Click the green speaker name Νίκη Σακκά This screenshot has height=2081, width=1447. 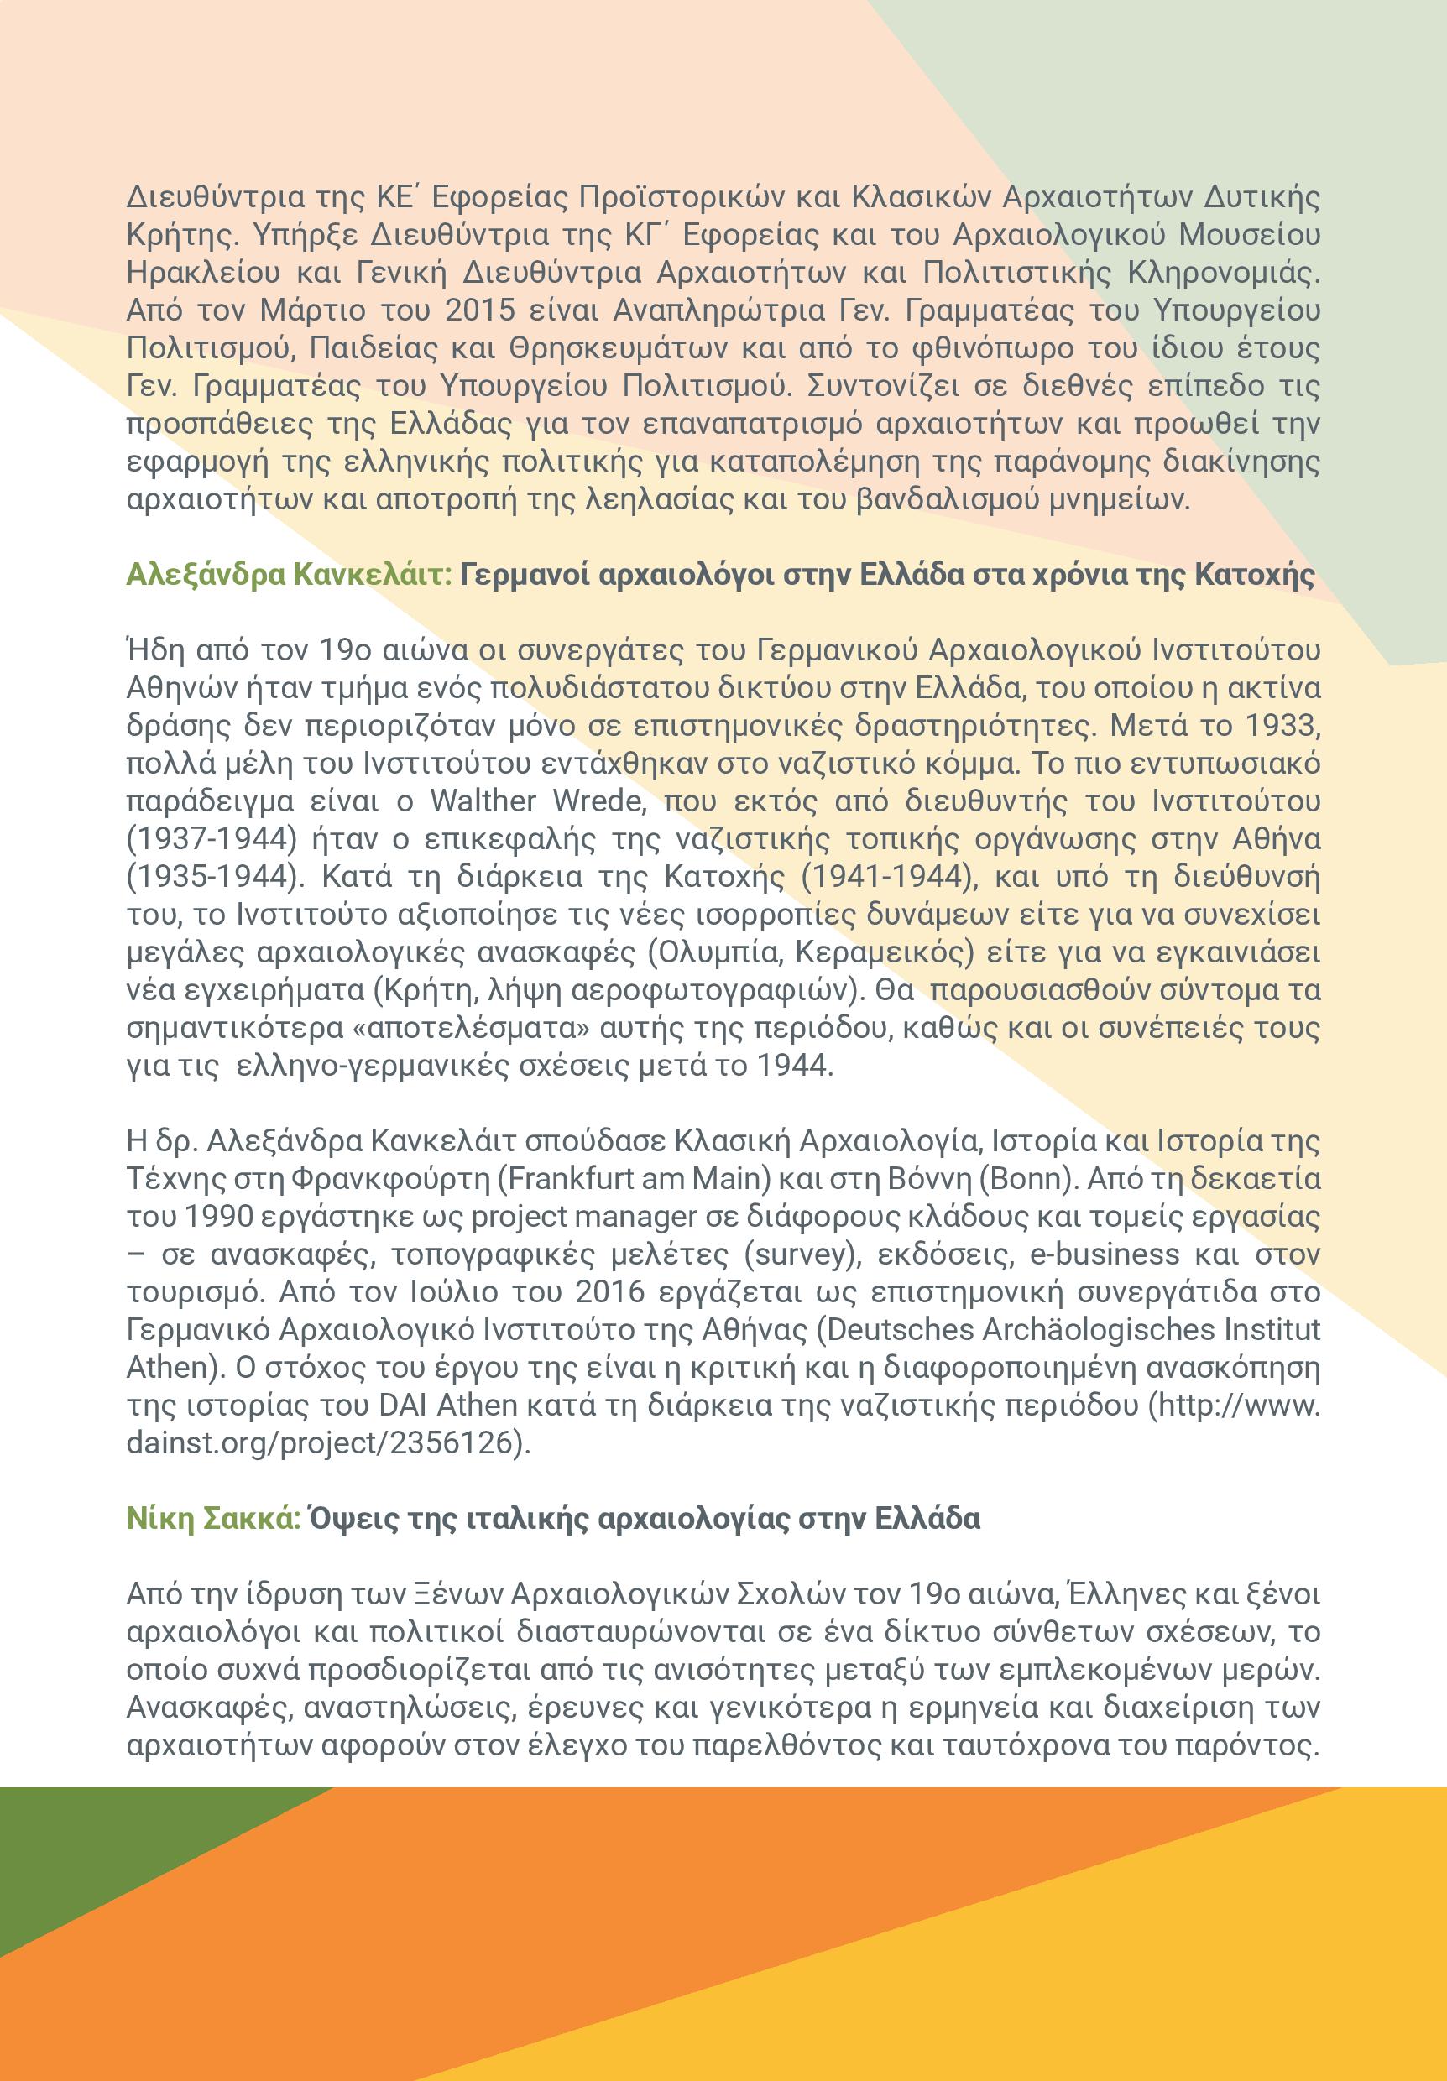pyautogui.click(x=213, y=1518)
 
